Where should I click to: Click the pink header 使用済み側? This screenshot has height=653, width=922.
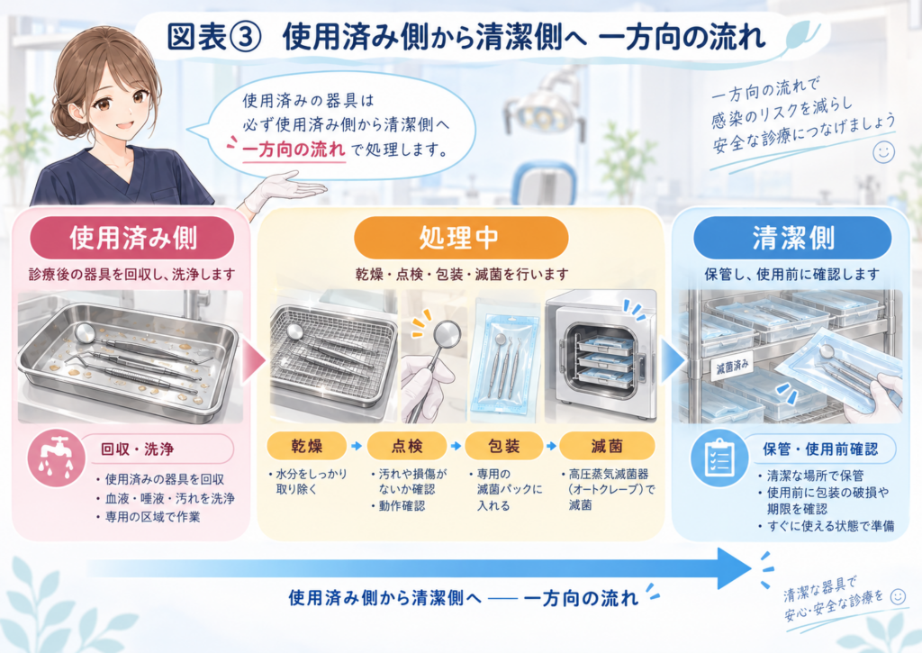[132, 238]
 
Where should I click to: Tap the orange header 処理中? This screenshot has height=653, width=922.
[460, 238]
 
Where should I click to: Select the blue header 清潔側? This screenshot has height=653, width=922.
[792, 238]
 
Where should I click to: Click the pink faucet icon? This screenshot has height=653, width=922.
[57, 458]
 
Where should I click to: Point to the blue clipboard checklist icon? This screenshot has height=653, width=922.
[719, 458]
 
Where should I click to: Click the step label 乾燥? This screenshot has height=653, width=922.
[306, 446]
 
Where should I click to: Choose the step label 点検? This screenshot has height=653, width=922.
[407, 446]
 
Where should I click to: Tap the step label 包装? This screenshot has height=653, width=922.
[504, 446]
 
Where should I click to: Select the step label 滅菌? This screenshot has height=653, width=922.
[607, 446]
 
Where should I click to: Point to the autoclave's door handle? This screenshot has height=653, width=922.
[641, 367]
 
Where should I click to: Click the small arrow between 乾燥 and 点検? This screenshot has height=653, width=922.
[357, 447]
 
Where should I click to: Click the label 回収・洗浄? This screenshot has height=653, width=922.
[137, 449]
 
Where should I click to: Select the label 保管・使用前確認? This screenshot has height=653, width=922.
[820, 449]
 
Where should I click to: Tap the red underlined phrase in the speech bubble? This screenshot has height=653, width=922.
[294, 150]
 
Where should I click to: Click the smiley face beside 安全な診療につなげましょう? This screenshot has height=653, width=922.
[883, 152]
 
